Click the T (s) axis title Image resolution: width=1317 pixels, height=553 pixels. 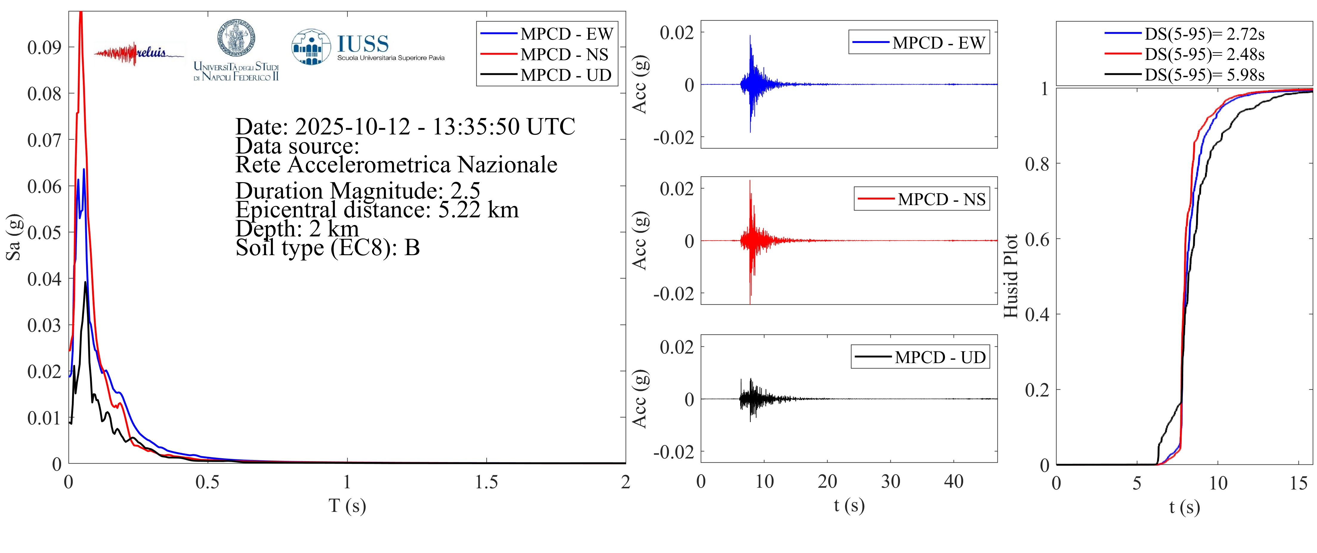coord(347,506)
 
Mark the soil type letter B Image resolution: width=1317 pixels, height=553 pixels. coord(412,248)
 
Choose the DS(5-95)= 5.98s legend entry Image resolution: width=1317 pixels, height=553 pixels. coord(1204,75)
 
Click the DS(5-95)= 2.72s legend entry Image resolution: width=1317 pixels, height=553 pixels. coord(1204,34)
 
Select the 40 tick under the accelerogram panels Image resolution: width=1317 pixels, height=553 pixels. coord(954,481)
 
